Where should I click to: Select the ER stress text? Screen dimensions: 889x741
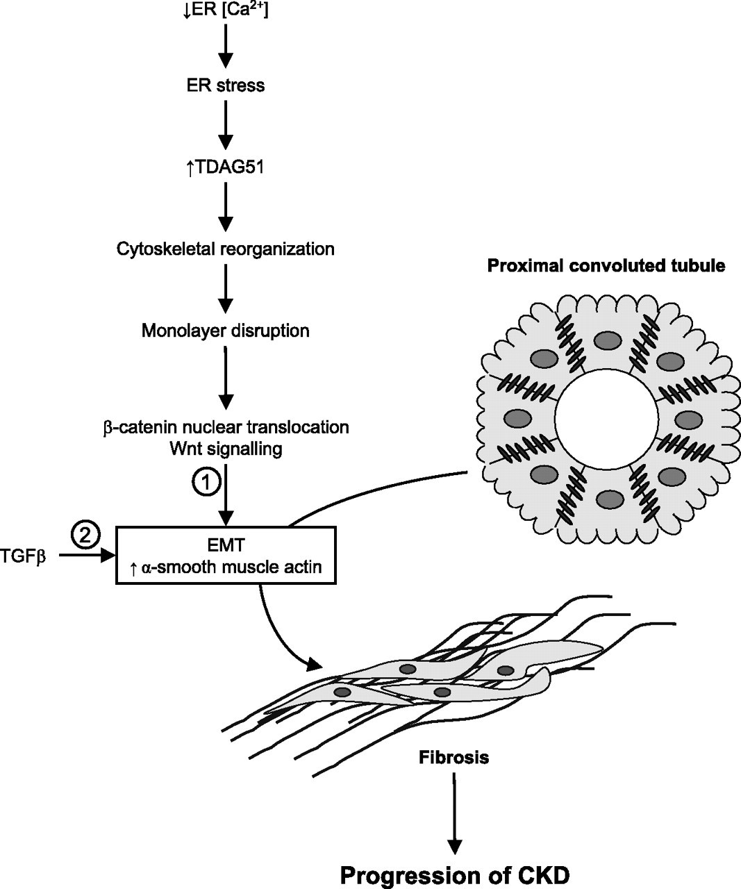coord(225,85)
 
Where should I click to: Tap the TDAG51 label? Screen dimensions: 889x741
coord(225,167)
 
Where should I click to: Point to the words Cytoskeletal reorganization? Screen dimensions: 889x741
coord(225,248)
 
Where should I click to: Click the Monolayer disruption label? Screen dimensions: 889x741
coord(225,330)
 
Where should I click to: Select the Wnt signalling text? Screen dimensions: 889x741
coord(225,449)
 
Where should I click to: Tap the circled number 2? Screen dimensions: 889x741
coord(85,535)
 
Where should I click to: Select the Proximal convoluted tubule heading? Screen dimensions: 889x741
coord(606,265)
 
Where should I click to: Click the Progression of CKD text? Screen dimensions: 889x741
coord(454,875)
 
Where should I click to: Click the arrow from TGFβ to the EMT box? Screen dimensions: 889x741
coord(86,556)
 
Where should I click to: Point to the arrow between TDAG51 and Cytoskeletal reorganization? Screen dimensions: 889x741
coord(225,207)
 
